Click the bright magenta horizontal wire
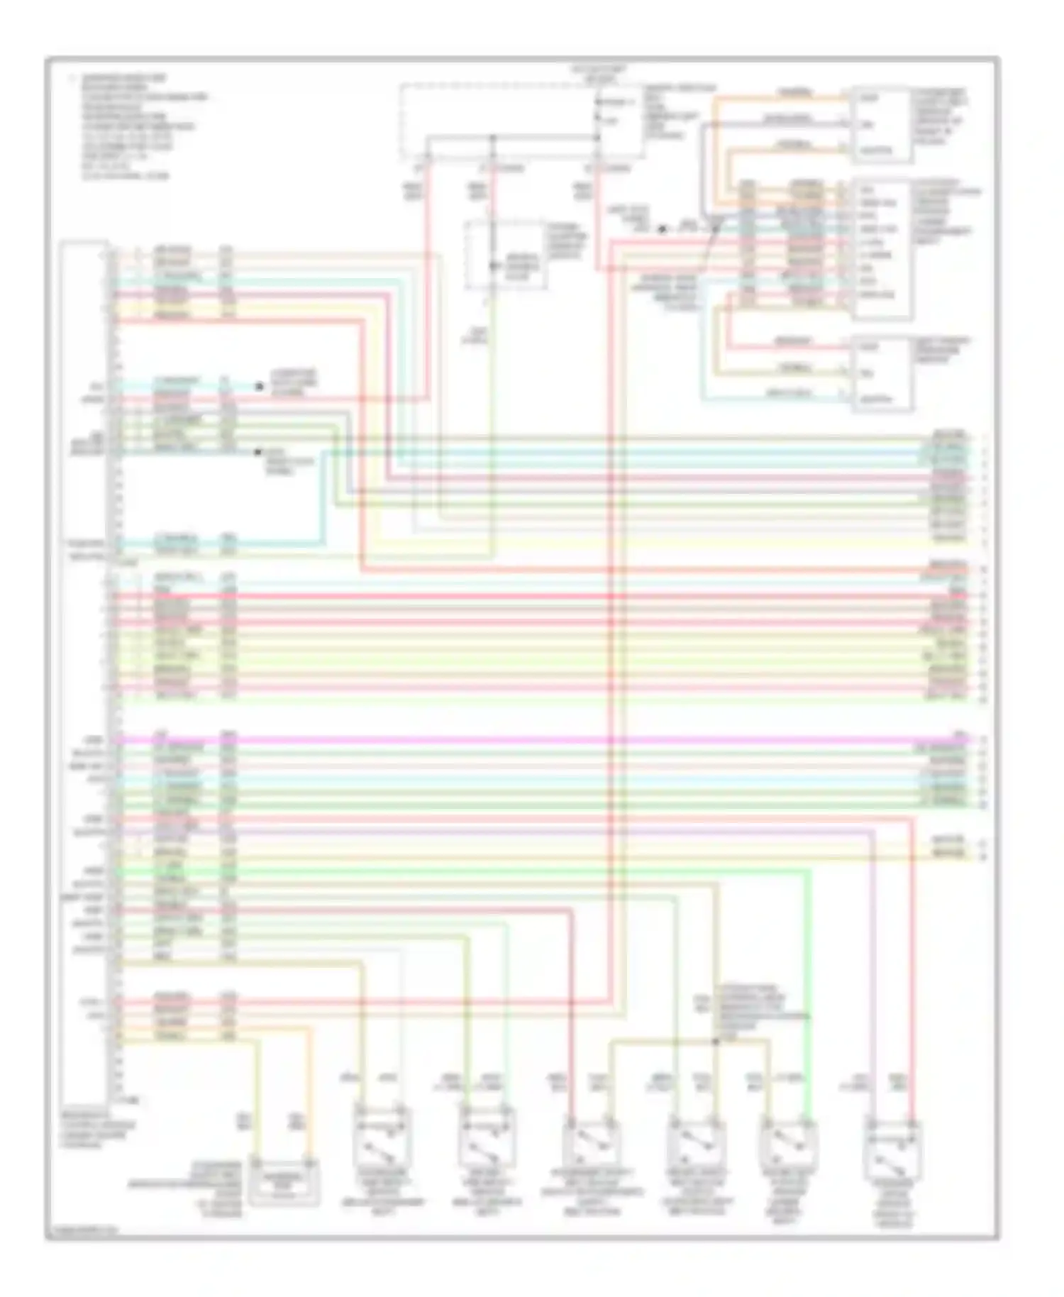click(x=539, y=740)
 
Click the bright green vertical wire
click(x=807, y=993)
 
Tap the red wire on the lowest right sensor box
click(x=780, y=347)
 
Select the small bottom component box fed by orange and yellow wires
click(x=283, y=1181)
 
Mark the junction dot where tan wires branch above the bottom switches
click(x=716, y=1041)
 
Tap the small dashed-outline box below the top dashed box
click(x=505, y=255)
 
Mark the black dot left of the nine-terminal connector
click(x=662, y=229)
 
